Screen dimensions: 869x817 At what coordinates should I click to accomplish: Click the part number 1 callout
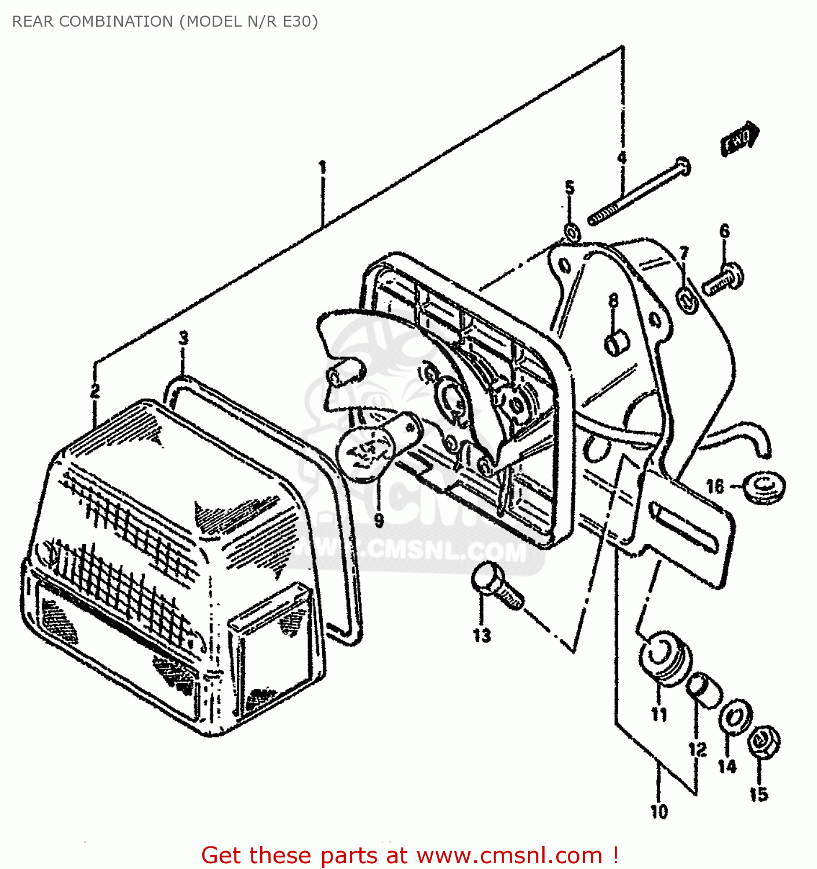[322, 168]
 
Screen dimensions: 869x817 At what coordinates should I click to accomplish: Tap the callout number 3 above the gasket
[183, 338]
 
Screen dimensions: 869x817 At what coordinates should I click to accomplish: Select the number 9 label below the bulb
[379, 520]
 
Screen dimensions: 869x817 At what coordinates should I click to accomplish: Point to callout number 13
[482, 636]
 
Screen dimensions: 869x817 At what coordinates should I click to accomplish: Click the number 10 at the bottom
[659, 811]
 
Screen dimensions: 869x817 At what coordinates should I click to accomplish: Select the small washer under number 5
[571, 233]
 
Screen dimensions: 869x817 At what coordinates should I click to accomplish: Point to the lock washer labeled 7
[687, 301]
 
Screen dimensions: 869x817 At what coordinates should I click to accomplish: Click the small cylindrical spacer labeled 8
[615, 342]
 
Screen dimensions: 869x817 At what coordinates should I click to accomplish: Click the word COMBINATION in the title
[116, 21]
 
